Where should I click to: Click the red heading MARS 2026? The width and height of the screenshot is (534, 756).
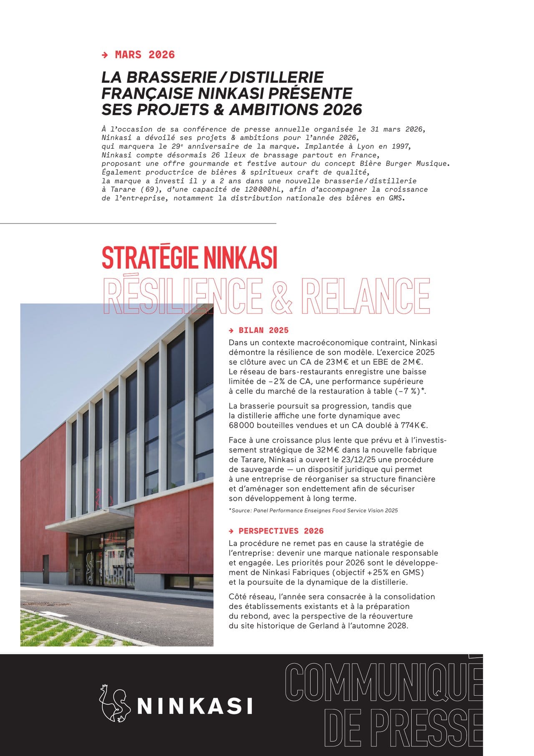(x=145, y=55)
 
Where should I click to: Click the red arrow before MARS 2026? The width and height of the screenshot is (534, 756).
(x=105, y=55)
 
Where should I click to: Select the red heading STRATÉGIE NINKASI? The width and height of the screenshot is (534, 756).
(x=189, y=258)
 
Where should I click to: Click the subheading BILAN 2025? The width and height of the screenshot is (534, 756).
(x=263, y=330)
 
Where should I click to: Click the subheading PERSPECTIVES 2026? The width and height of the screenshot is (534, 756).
(x=281, y=531)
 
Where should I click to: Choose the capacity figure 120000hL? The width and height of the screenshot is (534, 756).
(x=261, y=189)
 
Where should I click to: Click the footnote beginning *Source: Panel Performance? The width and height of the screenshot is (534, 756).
(x=313, y=510)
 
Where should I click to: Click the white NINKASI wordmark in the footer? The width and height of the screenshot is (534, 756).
(x=195, y=706)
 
